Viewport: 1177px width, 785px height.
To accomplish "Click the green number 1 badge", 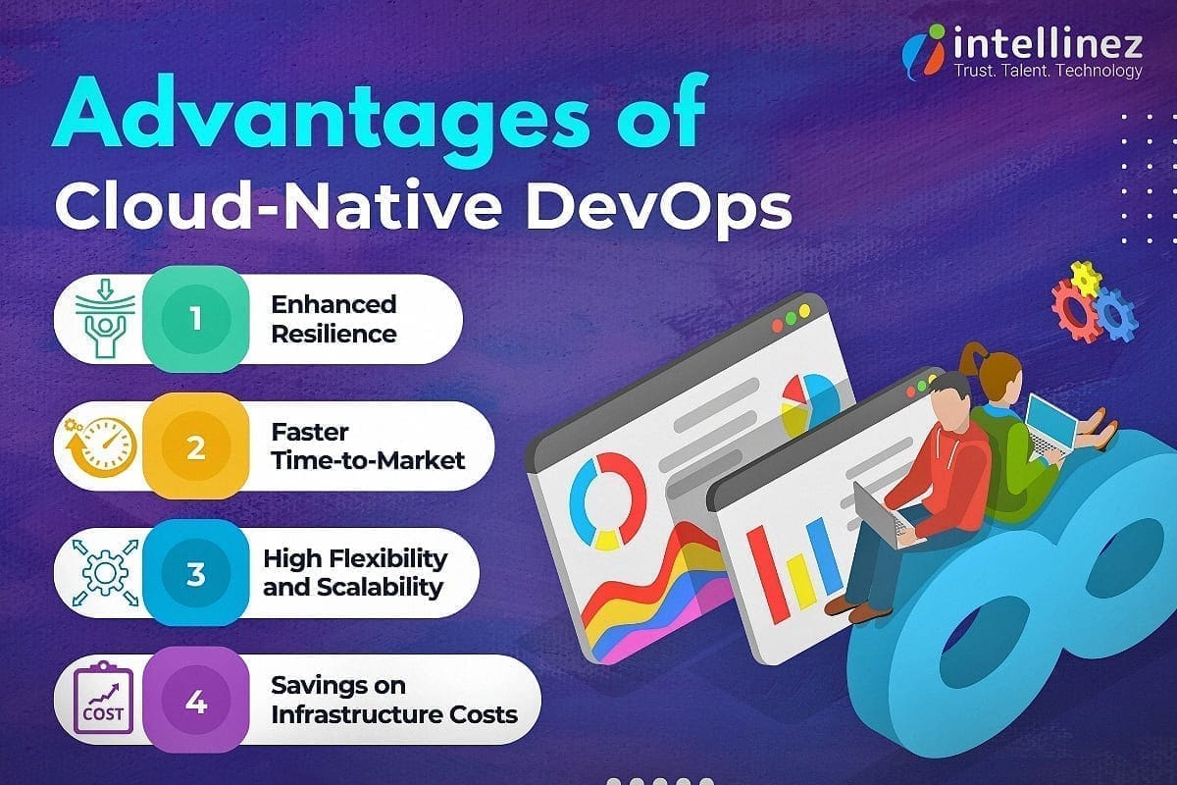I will point(195,320).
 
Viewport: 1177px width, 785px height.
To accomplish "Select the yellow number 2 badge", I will point(195,447).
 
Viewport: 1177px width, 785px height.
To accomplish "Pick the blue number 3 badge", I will point(195,573).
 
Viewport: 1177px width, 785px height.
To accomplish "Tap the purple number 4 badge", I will point(195,704).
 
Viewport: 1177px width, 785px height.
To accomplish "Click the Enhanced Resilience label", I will point(333,319).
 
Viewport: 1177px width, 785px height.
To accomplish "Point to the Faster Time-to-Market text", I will point(368,446).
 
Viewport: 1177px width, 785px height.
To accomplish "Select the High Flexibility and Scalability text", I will point(354,573).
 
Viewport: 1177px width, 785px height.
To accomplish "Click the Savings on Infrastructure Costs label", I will point(393,700).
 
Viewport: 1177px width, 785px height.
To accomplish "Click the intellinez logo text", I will point(1046,45).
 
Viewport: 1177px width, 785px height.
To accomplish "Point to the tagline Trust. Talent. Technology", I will point(1048,71).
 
